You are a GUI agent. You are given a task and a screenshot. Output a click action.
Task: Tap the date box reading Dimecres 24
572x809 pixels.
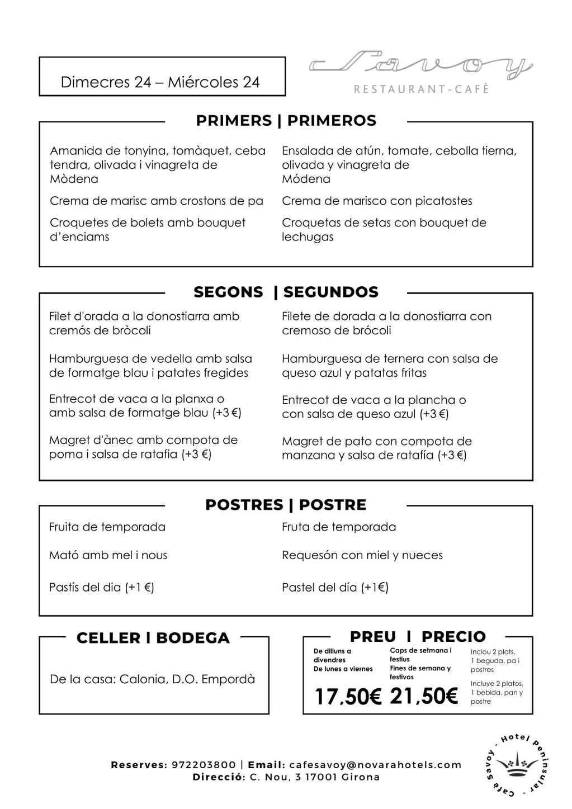pos(160,82)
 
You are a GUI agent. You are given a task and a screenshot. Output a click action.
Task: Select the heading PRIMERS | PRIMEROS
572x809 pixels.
pos(286,121)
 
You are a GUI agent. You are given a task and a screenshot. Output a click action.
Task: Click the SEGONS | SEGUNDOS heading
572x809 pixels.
pos(286,292)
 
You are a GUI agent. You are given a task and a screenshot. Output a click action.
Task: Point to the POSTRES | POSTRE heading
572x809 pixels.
pos(286,505)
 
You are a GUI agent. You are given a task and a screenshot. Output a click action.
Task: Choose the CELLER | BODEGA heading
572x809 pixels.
pos(153,638)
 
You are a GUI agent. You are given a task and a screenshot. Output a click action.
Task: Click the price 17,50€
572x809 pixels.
pos(347,697)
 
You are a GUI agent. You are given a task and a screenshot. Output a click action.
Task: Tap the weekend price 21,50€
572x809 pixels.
pos(424,696)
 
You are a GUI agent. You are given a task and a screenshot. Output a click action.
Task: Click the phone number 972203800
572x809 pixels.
pos(202,765)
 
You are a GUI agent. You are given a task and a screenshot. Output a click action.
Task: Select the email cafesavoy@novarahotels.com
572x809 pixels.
pos(375,765)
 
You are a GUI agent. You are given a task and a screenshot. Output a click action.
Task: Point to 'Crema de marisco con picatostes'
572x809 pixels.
pos(377,201)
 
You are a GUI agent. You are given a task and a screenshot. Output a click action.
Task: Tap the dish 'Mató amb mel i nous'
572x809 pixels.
pos(108,555)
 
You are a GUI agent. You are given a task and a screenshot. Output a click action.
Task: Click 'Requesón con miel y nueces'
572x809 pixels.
pos(362,555)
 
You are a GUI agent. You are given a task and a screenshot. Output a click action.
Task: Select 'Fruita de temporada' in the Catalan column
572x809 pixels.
pos(107,527)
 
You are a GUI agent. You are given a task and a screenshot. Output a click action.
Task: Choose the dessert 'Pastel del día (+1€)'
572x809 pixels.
pos(335,587)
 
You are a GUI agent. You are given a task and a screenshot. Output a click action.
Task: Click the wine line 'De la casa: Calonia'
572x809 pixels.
pos(152,679)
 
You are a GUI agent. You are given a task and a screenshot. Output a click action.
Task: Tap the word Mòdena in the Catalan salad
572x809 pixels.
pos(74,179)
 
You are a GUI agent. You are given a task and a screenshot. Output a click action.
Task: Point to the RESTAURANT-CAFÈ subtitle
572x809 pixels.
pos(422,89)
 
